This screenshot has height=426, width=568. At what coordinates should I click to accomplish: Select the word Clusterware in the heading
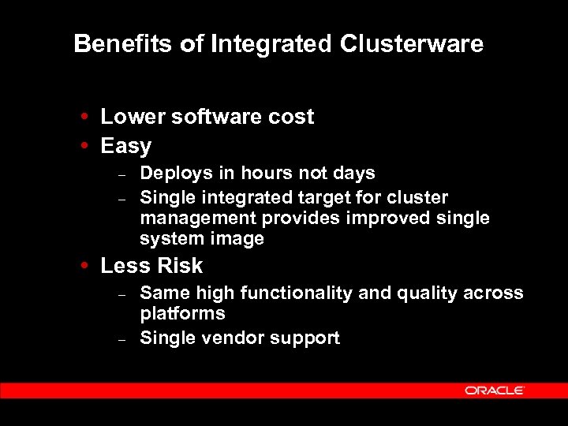[412, 44]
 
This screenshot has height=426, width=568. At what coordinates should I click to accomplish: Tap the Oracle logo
[495, 390]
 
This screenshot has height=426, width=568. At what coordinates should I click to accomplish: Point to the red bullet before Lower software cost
[83, 118]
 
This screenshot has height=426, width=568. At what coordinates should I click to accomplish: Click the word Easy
[125, 147]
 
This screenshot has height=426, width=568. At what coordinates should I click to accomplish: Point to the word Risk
[178, 266]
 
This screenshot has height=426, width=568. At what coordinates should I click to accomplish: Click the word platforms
[182, 314]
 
